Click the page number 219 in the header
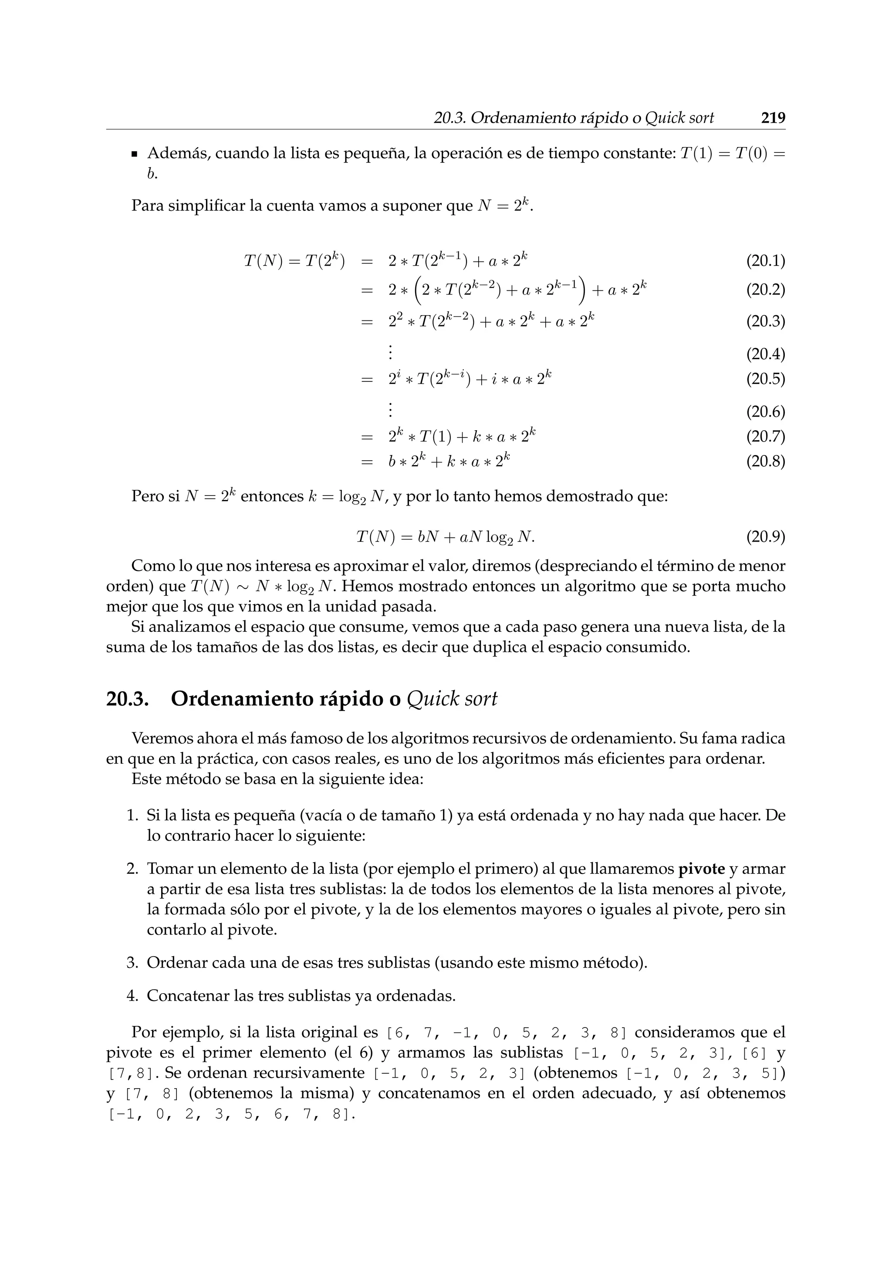(x=773, y=118)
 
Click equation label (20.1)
(x=765, y=261)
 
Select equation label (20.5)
(x=765, y=379)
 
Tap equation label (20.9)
(x=765, y=536)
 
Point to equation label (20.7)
(x=765, y=437)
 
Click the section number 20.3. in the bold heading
(x=128, y=699)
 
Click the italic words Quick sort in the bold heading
(x=452, y=699)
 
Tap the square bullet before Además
(x=134, y=155)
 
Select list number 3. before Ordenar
(x=132, y=963)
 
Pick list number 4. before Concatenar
(x=132, y=996)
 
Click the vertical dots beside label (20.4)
(x=391, y=351)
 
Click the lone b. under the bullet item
(x=152, y=175)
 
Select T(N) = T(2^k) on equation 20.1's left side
(x=294, y=261)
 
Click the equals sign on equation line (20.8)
(x=366, y=462)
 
